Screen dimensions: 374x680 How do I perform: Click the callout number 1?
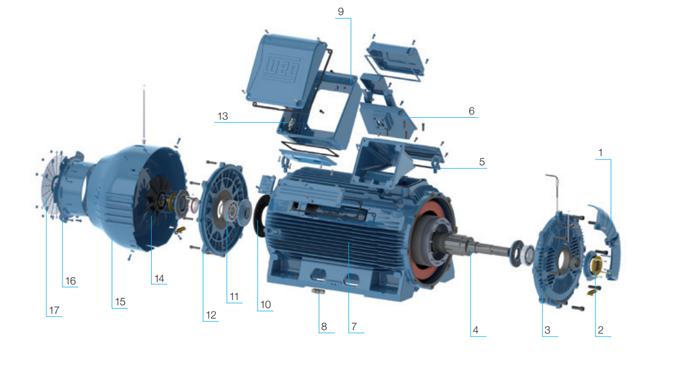601,153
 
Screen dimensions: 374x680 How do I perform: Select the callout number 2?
600,330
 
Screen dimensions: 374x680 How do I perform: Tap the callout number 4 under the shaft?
475,330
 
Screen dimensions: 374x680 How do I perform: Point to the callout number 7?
353,327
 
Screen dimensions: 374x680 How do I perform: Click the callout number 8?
324,327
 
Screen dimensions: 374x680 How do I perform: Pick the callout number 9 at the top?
341,11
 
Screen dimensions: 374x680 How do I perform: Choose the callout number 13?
222,116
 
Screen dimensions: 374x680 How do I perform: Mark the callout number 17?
54,310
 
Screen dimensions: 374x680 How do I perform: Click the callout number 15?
120,302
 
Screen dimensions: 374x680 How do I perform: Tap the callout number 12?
211,315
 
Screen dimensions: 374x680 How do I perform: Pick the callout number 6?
471,110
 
